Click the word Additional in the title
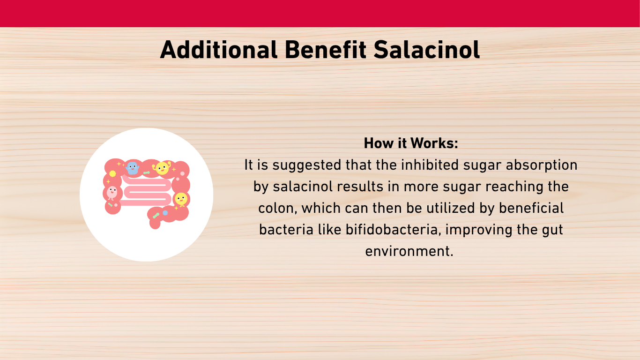[x=219, y=50]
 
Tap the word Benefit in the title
[x=326, y=50]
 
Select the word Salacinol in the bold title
[x=426, y=50]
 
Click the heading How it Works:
[x=411, y=143]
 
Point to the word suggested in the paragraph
[x=307, y=166]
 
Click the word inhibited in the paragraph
[x=430, y=165]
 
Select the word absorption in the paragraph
[x=542, y=166]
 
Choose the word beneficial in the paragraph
[x=531, y=208]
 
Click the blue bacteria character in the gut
[x=132, y=168]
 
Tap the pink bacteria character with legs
[x=112, y=193]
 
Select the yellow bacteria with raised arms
[x=162, y=168]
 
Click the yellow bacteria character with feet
[x=181, y=199]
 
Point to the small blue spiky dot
[x=165, y=213]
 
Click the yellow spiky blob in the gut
[x=113, y=173]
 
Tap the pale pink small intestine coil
[x=145, y=191]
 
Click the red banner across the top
[x=320, y=14]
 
